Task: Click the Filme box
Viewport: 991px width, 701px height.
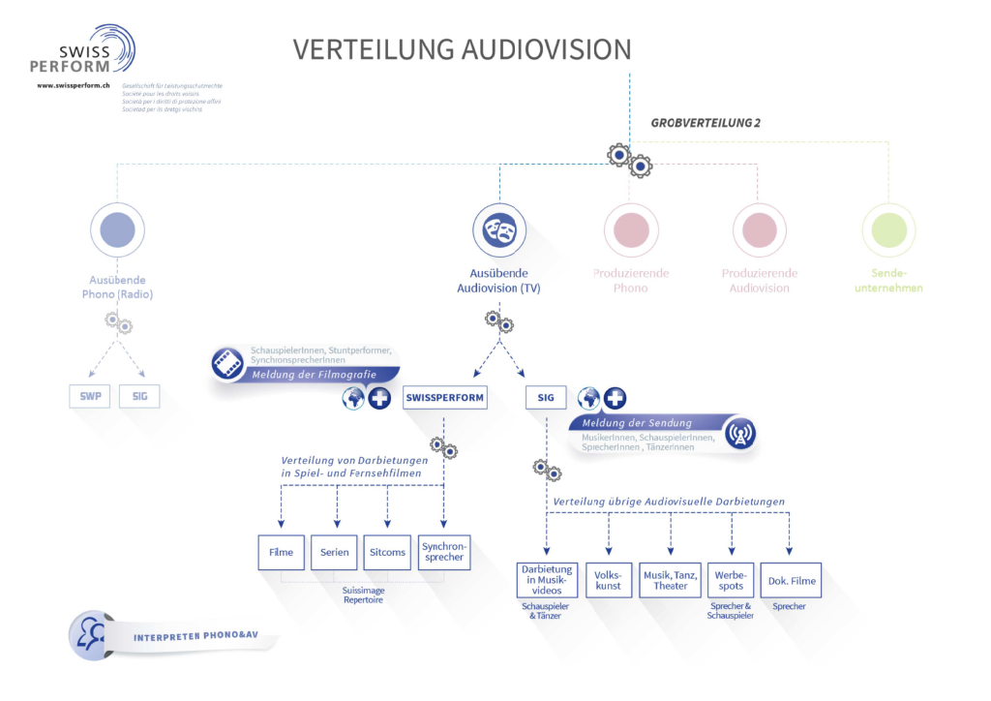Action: (x=282, y=552)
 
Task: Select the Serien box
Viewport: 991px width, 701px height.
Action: (x=334, y=552)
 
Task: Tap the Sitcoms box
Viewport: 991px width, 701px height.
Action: (x=387, y=552)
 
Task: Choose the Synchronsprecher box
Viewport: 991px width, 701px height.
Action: (x=444, y=552)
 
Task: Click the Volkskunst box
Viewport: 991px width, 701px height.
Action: (x=609, y=580)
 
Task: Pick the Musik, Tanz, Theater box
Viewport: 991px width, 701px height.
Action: (x=670, y=580)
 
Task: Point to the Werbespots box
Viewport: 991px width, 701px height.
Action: (x=731, y=580)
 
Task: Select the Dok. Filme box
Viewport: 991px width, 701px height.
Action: (x=791, y=580)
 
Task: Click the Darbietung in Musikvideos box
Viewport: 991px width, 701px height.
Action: (x=547, y=580)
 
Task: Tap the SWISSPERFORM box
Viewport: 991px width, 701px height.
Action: (x=444, y=397)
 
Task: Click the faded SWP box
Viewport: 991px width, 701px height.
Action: (x=89, y=396)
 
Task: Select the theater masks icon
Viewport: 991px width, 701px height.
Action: (x=499, y=230)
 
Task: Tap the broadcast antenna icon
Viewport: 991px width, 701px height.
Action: (x=739, y=434)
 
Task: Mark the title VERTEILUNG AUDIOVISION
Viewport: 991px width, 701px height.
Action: (x=462, y=49)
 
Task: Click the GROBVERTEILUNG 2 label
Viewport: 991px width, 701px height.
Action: (x=706, y=123)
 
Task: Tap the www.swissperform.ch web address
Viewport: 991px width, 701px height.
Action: (x=73, y=85)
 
